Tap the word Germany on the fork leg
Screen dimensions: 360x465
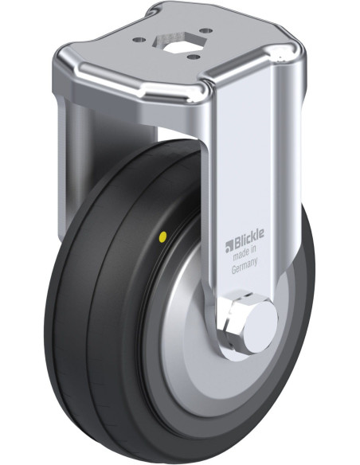pyautogui.click(x=244, y=267)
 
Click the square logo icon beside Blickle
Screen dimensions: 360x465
pyautogui.click(x=229, y=247)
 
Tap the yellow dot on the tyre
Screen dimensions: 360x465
pyautogui.click(x=162, y=236)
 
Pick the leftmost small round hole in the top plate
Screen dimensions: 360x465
pyautogui.click(x=139, y=40)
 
